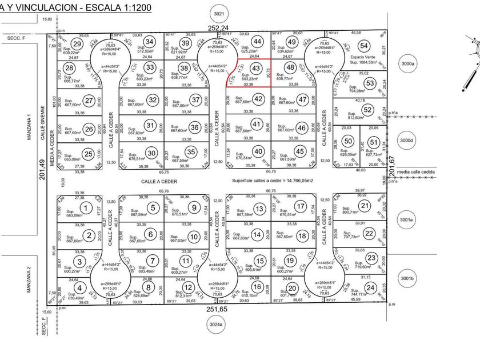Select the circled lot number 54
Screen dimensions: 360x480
(x=363, y=46)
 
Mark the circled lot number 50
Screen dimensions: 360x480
(x=349, y=141)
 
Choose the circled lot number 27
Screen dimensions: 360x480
(x=88, y=101)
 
